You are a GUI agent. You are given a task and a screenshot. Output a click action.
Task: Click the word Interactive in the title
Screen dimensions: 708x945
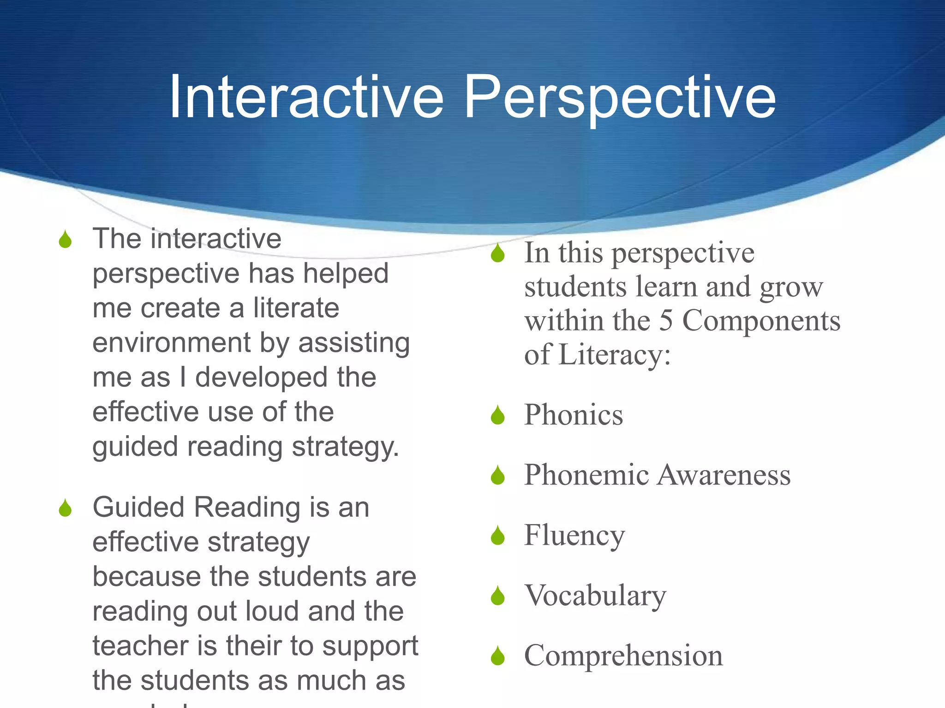[306, 97]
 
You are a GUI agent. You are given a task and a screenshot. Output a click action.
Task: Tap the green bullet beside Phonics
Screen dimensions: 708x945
[497, 415]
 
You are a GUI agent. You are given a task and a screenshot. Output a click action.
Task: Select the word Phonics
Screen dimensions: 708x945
[574, 414]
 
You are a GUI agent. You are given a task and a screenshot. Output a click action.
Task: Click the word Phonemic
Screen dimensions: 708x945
[587, 475]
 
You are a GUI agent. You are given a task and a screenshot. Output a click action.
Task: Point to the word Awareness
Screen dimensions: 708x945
[724, 475]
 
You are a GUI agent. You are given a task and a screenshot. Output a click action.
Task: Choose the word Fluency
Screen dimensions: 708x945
[574, 536]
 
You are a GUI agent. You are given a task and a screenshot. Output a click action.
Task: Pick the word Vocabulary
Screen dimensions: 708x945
[595, 596]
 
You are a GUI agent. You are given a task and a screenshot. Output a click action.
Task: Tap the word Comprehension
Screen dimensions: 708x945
[623, 656]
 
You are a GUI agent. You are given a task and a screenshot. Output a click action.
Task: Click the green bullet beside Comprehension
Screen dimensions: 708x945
[497, 656]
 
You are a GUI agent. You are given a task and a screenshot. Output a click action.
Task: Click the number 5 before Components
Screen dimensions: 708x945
[666, 321]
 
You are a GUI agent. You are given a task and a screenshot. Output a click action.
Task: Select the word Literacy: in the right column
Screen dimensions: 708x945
[614, 355]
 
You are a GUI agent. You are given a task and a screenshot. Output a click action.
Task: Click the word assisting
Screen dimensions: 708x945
[354, 343]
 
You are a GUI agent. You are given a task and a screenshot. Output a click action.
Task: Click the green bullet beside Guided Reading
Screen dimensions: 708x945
[66, 508]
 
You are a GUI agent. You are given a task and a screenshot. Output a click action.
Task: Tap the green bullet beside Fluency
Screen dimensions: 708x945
[497, 536]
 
